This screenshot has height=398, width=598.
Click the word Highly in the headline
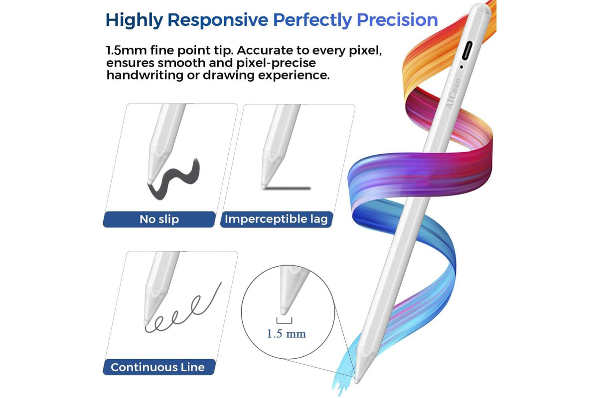134,20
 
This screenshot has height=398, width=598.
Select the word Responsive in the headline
218,20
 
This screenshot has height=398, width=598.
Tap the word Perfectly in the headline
312,20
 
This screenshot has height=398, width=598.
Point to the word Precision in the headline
397,20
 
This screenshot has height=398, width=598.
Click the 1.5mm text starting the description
126,50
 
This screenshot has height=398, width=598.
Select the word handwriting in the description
145,75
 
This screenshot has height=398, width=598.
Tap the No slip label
159,219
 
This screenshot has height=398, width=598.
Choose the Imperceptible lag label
276,219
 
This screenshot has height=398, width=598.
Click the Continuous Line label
157,367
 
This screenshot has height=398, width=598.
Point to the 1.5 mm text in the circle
286,334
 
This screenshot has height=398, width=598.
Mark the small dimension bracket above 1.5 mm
285,321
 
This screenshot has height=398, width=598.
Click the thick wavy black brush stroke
173,179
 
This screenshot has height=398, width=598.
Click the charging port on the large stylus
467,51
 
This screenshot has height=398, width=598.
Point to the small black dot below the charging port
461,67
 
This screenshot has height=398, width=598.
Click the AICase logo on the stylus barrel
454,94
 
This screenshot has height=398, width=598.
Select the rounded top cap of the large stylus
480,8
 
